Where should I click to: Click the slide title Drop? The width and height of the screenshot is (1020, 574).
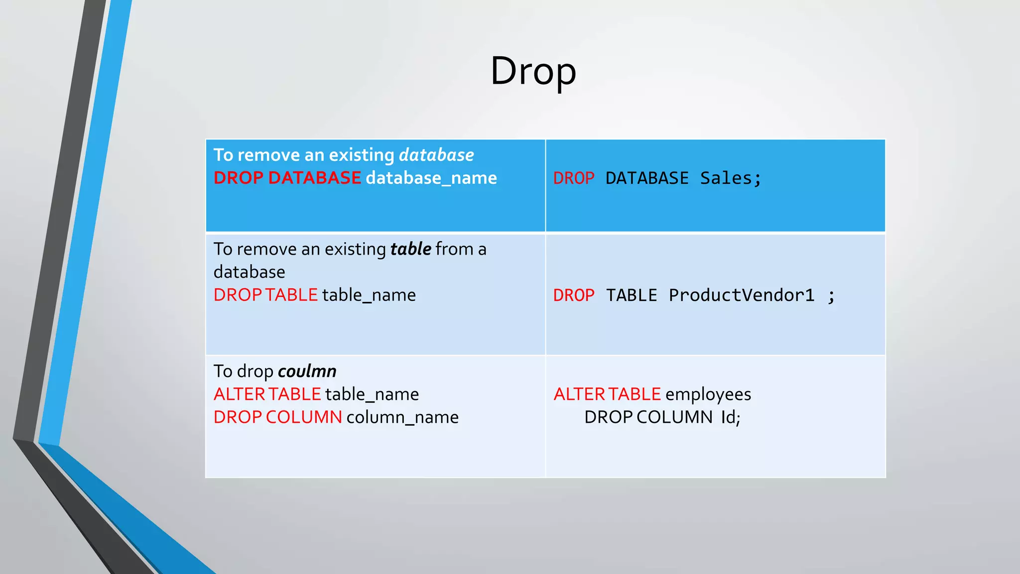(533, 71)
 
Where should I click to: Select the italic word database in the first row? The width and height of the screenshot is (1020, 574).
(436, 155)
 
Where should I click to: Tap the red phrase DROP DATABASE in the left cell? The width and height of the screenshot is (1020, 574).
(287, 178)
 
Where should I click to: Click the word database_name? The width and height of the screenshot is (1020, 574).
(431, 178)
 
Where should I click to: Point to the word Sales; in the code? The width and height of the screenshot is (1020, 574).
(731, 178)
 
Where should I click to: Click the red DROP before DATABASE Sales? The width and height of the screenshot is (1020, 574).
(574, 178)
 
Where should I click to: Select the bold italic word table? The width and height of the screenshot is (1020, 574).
(410, 249)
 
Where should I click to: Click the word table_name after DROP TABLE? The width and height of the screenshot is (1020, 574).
(369, 295)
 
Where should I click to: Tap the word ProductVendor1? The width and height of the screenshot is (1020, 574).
(741, 295)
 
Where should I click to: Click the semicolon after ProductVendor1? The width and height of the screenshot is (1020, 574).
(831, 296)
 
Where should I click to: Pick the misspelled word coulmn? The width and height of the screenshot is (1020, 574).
(307, 371)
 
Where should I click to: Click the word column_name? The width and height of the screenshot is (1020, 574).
(402, 417)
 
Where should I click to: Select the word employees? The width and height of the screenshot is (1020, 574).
(708, 394)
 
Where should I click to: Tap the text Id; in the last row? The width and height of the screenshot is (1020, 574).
(731, 417)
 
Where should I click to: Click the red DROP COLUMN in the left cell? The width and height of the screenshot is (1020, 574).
(277, 417)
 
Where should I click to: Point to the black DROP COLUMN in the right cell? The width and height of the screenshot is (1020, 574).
(648, 417)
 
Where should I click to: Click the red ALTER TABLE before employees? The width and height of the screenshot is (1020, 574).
(607, 394)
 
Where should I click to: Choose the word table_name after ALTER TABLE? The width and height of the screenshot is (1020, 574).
(372, 394)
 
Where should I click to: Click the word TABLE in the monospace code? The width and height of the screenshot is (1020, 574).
(632, 295)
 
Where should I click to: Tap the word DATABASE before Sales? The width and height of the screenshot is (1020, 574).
(647, 178)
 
